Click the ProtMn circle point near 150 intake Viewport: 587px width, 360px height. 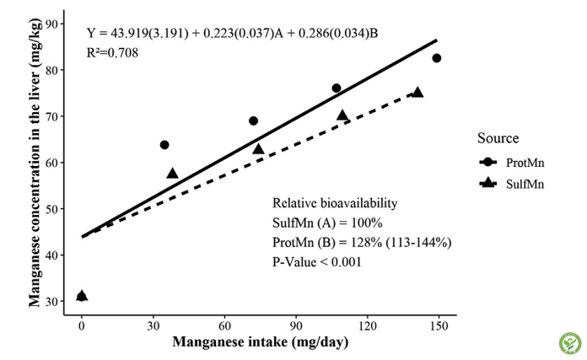pos(437,58)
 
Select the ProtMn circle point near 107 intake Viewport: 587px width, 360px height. pos(337,89)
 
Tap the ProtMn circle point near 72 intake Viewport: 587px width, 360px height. pos(253,121)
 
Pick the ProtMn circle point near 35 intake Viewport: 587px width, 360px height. pos(164,145)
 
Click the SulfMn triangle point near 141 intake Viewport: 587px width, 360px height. pos(417,92)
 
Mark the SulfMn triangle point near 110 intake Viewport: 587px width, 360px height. pos(342,116)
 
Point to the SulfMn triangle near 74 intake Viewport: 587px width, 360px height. pos(259,149)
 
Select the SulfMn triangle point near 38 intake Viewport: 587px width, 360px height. pos(173,174)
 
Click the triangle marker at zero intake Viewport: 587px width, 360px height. pos(82,296)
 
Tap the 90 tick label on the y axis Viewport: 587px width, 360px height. pos(55,24)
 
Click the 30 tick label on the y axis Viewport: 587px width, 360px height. pos(55,301)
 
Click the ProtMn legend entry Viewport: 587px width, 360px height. pos(509,162)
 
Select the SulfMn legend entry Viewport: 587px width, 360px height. pos(509,184)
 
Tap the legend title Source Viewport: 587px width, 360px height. pos(497,138)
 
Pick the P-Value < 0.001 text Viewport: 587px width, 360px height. pos(315,261)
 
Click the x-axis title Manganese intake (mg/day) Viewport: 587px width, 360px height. pos(260,343)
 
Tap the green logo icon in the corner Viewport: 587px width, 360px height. pos(569,343)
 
